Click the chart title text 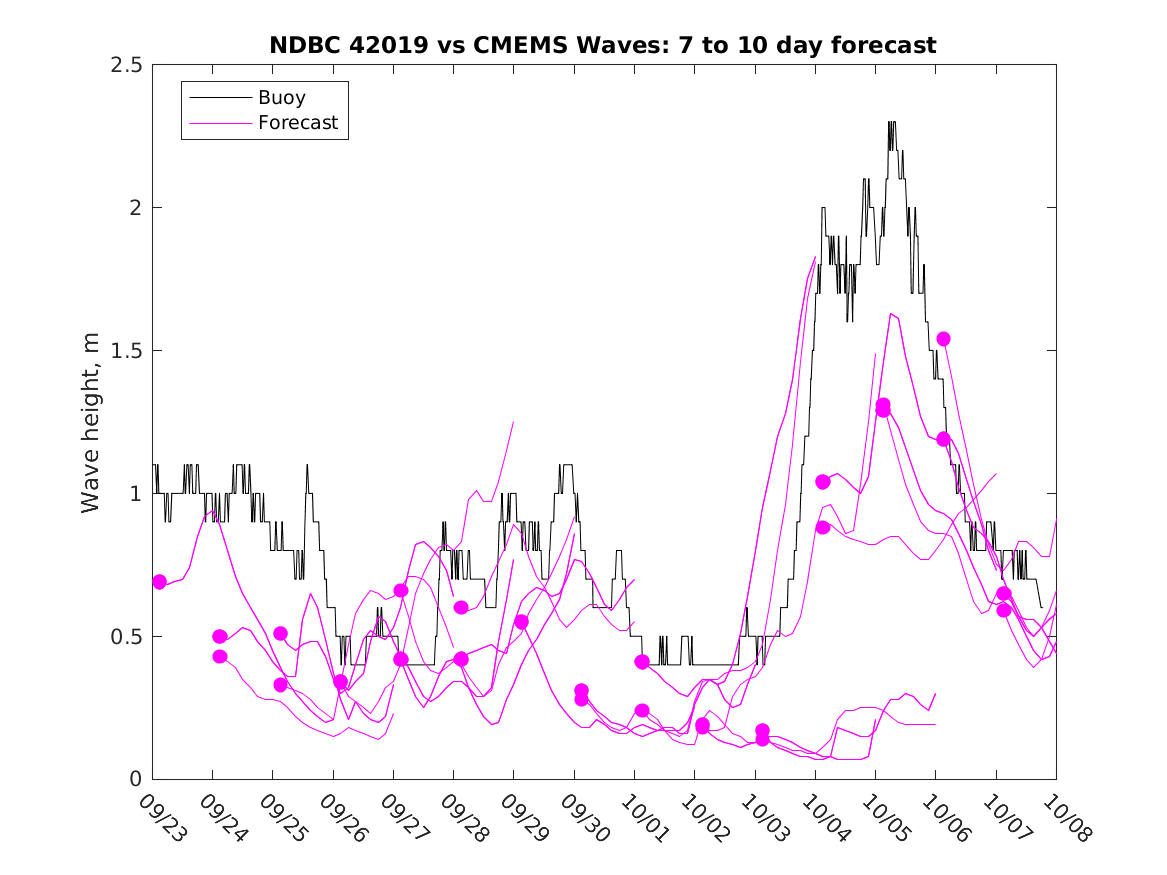[x=603, y=46]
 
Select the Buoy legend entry [x=281, y=98]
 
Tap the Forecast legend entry [x=297, y=124]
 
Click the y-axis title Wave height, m [x=91, y=422]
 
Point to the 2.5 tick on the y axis [x=130, y=65]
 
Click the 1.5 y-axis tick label [x=130, y=351]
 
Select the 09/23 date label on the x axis [x=163, y=817]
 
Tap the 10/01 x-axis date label [x=645, y=817]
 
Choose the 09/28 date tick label [x=464, y=817]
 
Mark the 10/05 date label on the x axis [x=886, y=817]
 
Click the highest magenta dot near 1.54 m [x=943, y=339]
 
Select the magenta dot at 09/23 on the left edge [x=159, y=582]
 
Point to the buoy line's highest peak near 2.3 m [x=891, y=122]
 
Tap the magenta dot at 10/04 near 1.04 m [x=823, y=482]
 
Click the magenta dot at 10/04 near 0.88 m [x=823, y=527]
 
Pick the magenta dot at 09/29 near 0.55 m [x=521, y=622]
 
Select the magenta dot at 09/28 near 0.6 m [x=461, y=607]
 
